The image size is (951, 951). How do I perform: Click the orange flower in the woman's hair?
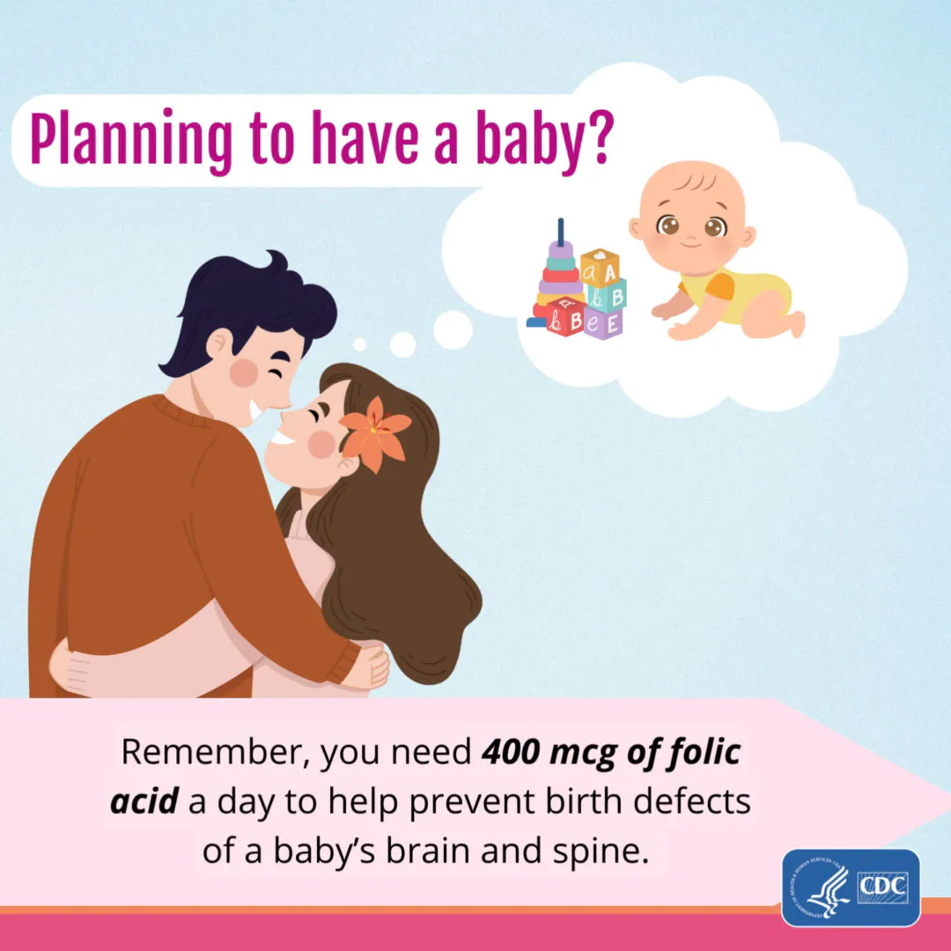375,431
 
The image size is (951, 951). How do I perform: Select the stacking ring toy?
560,273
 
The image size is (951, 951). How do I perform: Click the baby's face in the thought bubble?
692,220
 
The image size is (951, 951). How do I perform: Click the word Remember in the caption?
213,753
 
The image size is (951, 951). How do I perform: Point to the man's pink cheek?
245,372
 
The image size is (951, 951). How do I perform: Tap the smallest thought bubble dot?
359,344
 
